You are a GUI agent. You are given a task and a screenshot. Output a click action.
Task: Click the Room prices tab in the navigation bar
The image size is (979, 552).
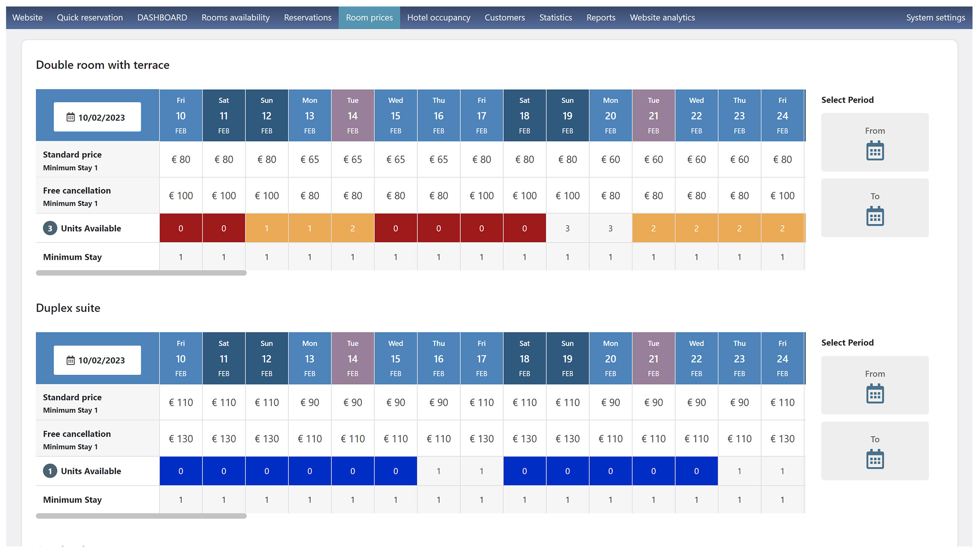(x=369, y=18)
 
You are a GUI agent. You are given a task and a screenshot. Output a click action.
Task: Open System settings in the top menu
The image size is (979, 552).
(x=935, y=18)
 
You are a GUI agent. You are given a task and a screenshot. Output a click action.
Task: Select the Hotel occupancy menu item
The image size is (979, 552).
(x=438, y=18)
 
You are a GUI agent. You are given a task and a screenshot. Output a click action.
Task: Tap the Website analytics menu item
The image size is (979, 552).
(x=662, y=18)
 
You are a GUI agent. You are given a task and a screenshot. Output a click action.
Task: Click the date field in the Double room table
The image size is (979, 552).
(x=97, y=117)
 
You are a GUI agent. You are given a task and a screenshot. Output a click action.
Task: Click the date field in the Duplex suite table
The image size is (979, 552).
(x=97, y=360)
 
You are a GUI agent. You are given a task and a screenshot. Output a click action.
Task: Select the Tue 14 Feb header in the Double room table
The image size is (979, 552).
(x=353, y=115)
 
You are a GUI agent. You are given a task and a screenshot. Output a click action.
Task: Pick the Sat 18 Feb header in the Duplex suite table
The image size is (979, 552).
(x=524, y=358)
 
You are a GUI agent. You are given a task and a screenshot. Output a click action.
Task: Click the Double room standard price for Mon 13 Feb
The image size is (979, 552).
(x=309, y=160)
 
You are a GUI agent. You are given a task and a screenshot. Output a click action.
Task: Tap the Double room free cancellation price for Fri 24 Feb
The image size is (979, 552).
(x=782, y=196)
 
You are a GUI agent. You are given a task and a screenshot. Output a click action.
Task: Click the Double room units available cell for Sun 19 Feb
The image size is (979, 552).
(x=567, y=228)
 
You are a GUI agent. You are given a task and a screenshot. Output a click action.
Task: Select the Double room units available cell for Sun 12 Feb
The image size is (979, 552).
(x=267, y=228)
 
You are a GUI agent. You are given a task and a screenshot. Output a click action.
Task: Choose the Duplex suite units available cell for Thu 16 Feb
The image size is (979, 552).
(x=438, y=471)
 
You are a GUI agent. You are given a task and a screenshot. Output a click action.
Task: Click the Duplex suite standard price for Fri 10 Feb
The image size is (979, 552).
(x=181, y=403)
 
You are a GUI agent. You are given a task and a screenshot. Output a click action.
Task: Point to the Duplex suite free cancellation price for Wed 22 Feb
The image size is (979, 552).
(x=696, y=439)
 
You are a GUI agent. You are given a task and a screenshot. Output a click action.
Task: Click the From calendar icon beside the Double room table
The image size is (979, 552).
(x=875, y=151)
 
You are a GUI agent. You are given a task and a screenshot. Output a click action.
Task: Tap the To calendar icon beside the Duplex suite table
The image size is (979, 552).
(x=875, y=459)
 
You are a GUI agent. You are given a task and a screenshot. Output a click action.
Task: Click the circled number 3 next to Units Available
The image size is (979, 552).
(x=50, y=228)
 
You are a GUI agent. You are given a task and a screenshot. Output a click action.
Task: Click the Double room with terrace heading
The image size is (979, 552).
(x=103, y=65)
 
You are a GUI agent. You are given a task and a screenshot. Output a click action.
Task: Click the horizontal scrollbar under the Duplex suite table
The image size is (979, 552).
(x=141, y=516)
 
